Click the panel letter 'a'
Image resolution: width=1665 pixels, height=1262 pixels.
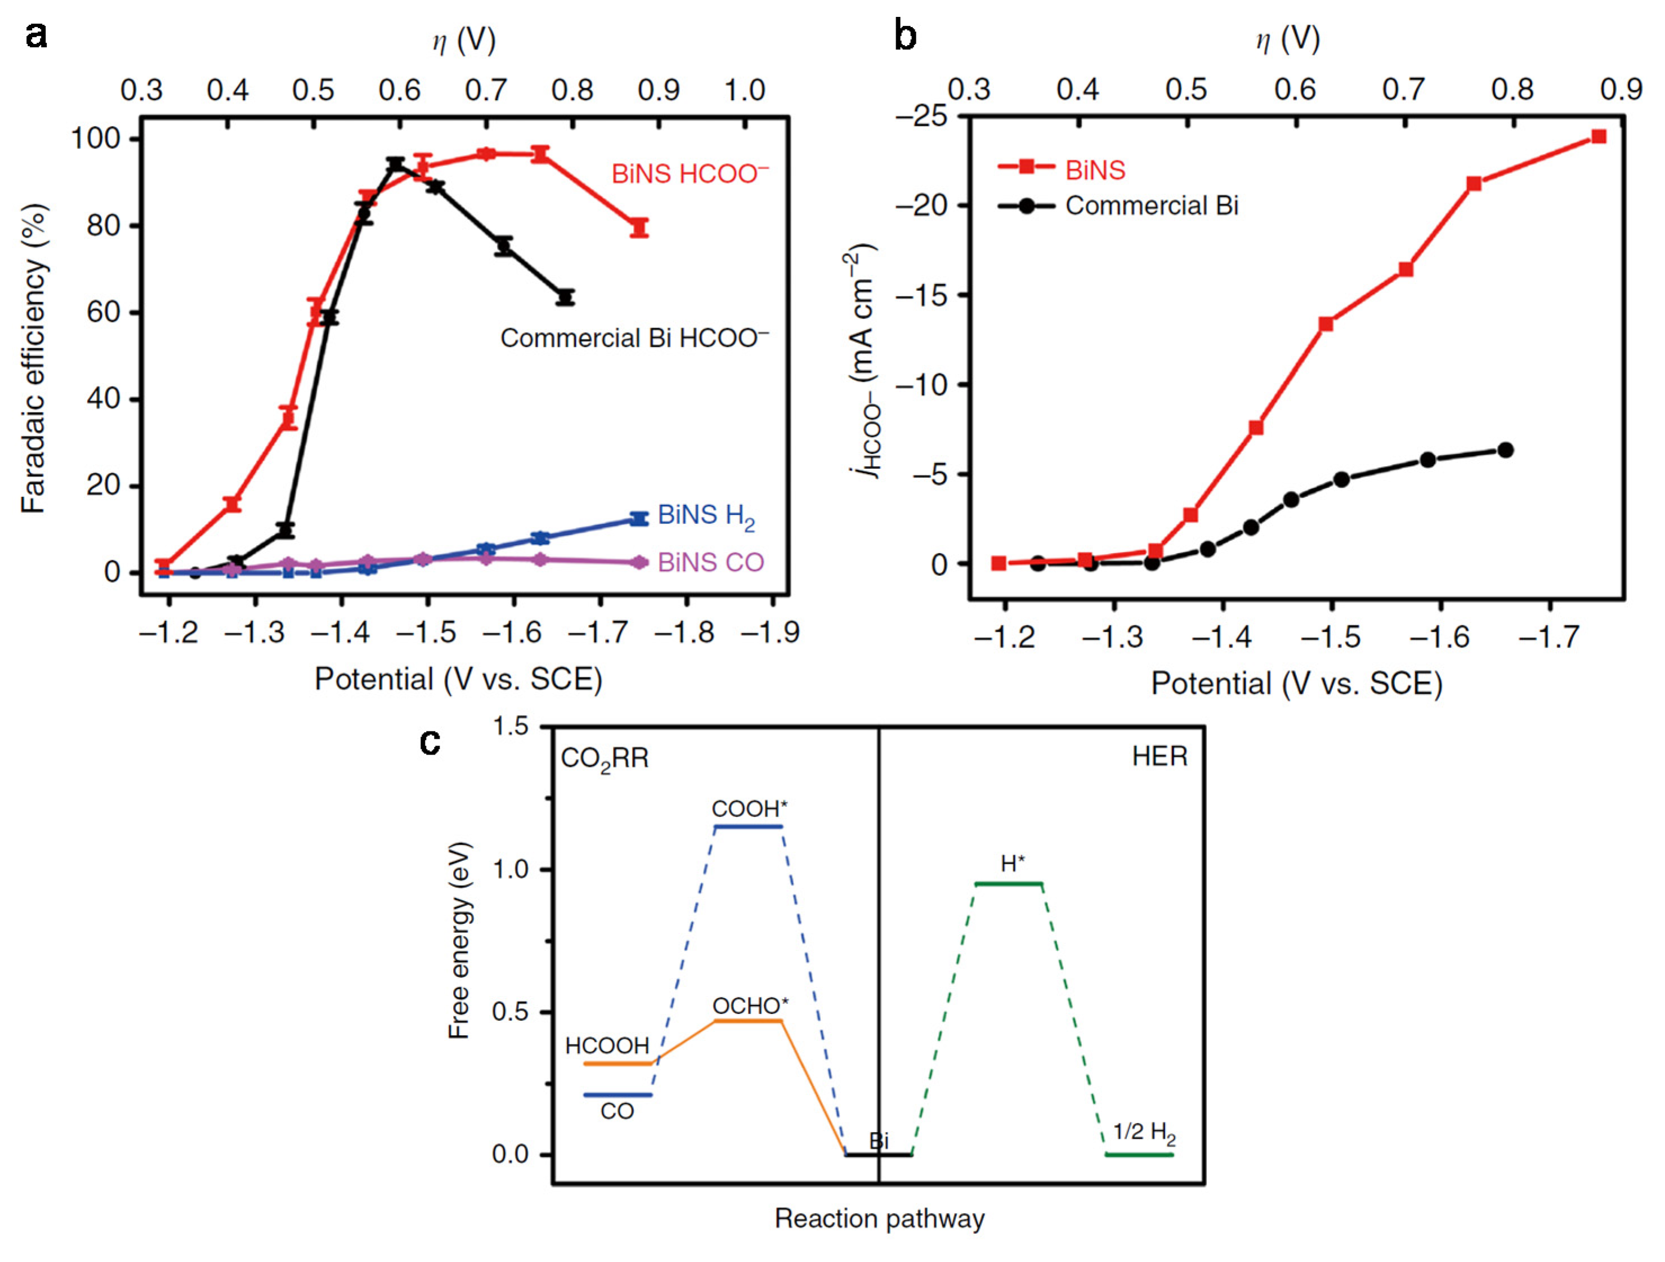coord(35,35)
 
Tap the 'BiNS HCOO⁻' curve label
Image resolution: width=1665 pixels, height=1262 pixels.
coord(690,174)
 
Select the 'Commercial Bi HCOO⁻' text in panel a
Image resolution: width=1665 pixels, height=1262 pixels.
coord(634,339)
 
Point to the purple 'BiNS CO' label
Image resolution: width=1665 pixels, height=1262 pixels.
coord(710,562)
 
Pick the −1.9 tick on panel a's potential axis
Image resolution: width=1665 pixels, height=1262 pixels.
coord(770,632)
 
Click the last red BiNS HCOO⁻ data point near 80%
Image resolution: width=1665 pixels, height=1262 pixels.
coord(639,227)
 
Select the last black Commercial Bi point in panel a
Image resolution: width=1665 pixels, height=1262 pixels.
coord(566,297)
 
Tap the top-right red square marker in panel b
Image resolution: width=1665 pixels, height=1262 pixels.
coord(1599,136)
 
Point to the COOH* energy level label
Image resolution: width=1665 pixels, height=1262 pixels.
coord(749,809)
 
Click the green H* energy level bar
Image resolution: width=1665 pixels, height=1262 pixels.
coord(1008,883)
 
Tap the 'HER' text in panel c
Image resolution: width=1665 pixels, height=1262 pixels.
coord(1159,756)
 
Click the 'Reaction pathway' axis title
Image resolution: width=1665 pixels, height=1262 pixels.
coord(879,1218)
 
